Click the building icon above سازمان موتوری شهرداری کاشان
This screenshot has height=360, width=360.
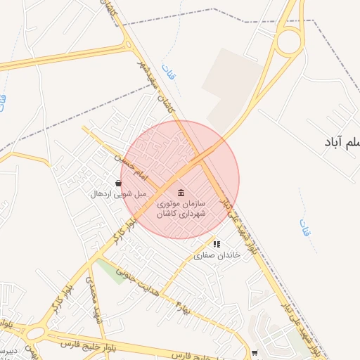(181, 193)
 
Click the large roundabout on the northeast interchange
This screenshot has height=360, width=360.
(288, 42)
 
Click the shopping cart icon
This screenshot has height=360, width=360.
(254, 353)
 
